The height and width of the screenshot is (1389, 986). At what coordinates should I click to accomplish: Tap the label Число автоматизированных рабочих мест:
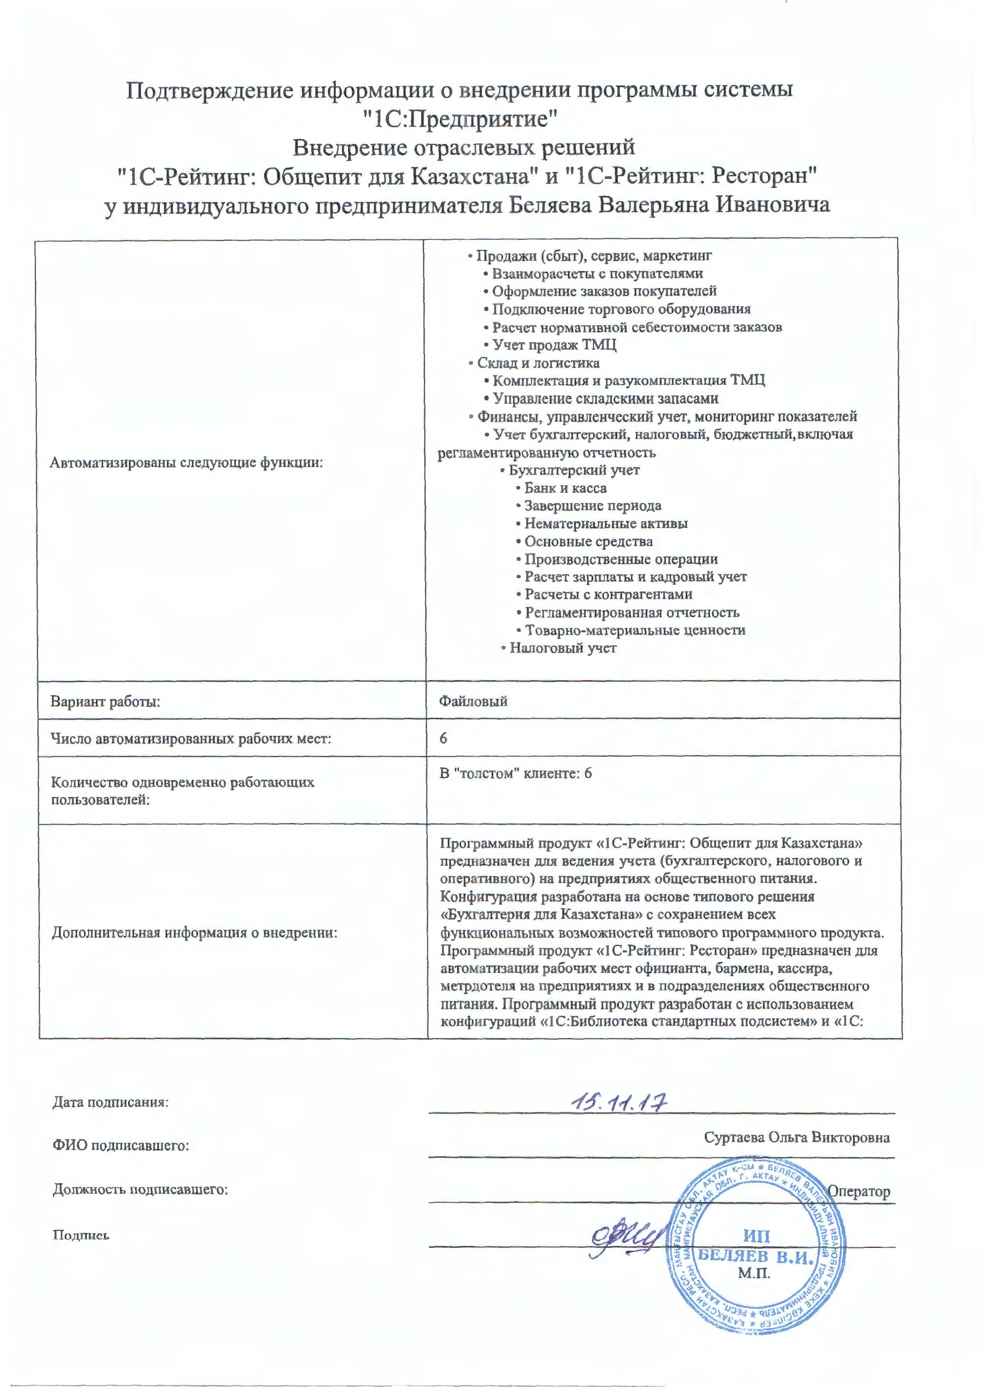(x=191, y=739)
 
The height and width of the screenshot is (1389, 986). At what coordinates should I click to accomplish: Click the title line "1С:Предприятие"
(x=464, y=119)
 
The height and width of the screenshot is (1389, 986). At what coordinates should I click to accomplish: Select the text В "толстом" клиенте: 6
(x=516, y=773)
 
